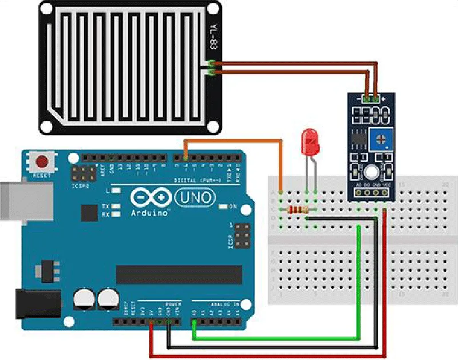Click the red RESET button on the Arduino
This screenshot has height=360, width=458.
(42, 161)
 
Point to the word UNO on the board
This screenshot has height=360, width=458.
(195, 198)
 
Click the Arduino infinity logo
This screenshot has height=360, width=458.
(151, 198)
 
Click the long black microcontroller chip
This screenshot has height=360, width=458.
(179, 274)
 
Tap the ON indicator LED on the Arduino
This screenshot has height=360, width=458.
(223, 206)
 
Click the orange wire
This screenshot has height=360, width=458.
(235, 141)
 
